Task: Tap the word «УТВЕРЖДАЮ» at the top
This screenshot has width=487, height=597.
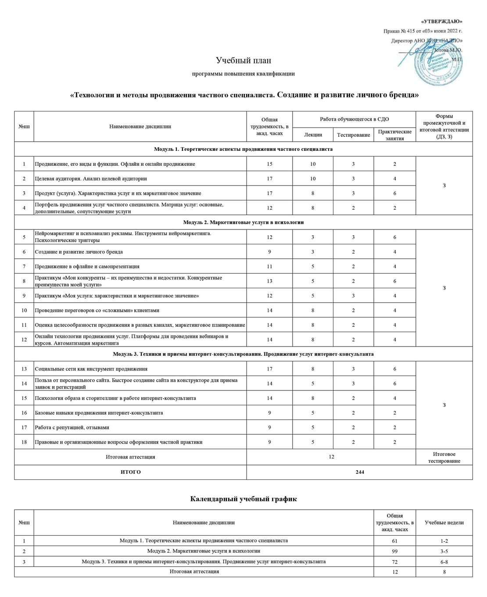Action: [441, 21]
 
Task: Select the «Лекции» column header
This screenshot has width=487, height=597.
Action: [313, 135]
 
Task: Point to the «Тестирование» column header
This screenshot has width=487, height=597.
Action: [353, 135]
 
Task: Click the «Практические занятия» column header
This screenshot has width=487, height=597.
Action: [394, 135]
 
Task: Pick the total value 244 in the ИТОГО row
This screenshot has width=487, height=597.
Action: [359, 472]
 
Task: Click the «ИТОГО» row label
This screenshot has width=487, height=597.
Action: [130, 472]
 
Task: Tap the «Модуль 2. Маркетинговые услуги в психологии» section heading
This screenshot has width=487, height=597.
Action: [243, 222]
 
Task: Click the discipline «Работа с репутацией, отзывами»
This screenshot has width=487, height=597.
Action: [72, 427]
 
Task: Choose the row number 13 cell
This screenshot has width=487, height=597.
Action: [24, 369]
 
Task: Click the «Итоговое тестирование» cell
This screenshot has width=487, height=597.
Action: [444, 457]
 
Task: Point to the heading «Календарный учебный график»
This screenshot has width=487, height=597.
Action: [243, 499]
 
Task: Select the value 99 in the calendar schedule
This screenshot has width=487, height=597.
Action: [394, 551]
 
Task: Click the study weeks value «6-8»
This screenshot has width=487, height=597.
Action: [444, 561]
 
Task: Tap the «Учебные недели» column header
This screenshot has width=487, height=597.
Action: [444, 522]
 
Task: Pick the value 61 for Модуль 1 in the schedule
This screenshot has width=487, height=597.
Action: [394, 541]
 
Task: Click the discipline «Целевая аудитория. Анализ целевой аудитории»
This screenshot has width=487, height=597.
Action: [91, 179]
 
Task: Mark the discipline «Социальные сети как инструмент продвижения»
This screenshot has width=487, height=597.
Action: [91, 369]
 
